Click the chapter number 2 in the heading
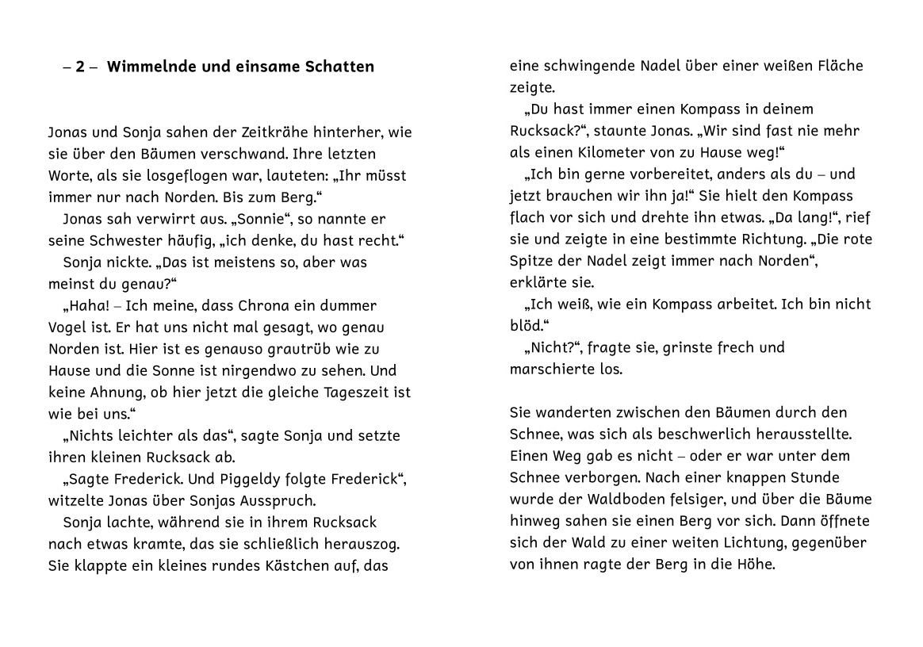point(80,67)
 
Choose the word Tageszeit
point(350,392)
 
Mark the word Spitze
point(532,261)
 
